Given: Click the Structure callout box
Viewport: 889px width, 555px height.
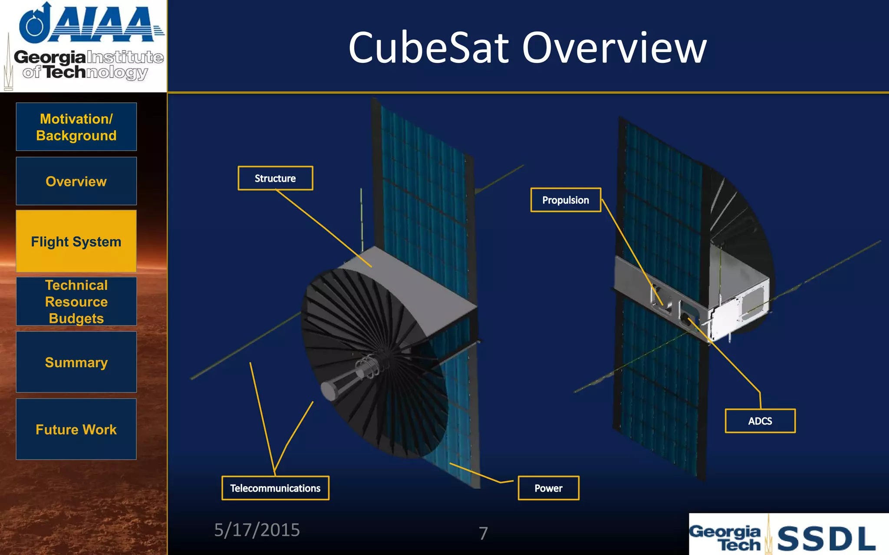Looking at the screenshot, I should point(275,178).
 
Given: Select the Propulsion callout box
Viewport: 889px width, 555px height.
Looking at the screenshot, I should point(566,200).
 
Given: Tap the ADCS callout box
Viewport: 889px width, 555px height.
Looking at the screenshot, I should point(760,421).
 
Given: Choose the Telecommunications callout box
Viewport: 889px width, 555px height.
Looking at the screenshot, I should point(275,488).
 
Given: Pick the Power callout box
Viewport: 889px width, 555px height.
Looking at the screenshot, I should point(548,488).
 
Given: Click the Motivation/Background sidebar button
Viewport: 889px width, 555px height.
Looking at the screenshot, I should point(76,127).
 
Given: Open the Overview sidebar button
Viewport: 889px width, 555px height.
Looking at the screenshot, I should point(76,181).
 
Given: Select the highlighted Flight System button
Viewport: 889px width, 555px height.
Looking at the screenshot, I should point(76,242).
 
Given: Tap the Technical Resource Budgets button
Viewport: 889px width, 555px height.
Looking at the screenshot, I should point(76,302).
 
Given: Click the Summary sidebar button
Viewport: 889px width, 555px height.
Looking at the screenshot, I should point(76,362).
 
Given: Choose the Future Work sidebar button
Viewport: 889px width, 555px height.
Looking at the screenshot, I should point(76,429).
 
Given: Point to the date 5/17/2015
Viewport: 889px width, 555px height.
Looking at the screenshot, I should point(257,530).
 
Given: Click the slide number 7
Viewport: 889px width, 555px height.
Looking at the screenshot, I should point(483,533).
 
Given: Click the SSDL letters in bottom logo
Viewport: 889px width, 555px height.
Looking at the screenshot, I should point(826,539).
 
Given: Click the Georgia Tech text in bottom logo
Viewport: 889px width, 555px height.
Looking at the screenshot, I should point(726,538).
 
